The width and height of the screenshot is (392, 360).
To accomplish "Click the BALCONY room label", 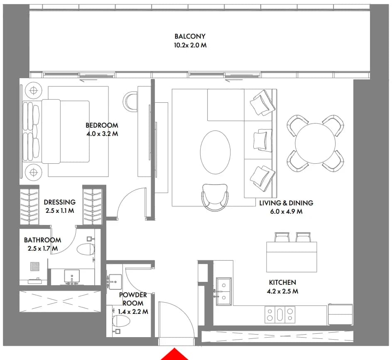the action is tap(190, 36).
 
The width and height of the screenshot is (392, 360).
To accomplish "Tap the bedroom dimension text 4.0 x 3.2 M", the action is tap(102, 134).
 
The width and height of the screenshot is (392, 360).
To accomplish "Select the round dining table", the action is tap(315, 143).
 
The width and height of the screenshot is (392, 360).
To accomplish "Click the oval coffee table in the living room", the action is tap(215, 152).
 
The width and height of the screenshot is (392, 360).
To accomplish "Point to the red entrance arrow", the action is tap(174, 355).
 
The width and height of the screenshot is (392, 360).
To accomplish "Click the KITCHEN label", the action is tap(282, 282).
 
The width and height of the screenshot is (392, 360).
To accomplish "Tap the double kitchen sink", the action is tap(224, 291).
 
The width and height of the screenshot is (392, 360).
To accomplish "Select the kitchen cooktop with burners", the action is tap(280, 315).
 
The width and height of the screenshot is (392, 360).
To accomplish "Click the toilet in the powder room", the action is tap(121, 321).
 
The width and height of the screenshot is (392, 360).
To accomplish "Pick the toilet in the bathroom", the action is tap(86, 249).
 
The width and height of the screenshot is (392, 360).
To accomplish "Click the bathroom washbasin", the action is tap(72, 276).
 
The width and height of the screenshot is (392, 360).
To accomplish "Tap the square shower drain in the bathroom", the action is tap(35, 266).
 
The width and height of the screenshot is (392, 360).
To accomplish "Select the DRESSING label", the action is tap(59, 202).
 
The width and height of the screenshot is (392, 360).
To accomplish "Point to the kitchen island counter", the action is tap(292, 257).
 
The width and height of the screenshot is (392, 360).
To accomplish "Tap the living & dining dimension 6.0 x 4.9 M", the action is tap(286, 212).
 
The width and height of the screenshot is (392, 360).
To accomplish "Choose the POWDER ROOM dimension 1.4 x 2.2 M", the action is tap(133, 312).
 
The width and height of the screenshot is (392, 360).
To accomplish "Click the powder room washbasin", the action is tap(115, 282).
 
